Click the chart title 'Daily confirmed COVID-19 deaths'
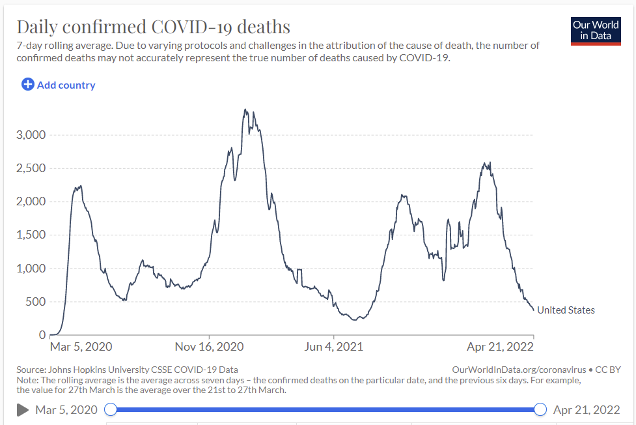click(153, 27)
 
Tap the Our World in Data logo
click(596, 30)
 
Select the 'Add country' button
click(59, 85)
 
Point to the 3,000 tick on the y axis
click(30, 135)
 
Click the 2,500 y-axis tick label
click(30, 168)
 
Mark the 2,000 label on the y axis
click(30, 201)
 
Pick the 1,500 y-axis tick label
click(30, 235)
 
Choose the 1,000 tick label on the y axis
click(30, 269)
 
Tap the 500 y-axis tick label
click(35, 302)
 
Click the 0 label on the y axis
click(43, 335)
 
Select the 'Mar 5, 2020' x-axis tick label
click(81, 346)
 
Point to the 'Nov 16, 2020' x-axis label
click(209, 346)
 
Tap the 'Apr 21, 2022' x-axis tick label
click(501, 346)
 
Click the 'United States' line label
click(566, 310)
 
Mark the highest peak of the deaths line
click(245, 110)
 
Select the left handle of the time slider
click(111, 409)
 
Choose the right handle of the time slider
click(540, 409)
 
